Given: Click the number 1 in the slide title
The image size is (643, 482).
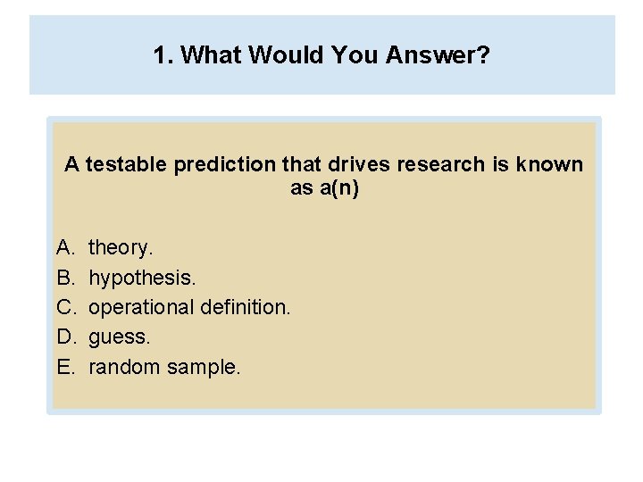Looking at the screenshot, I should click(160, 56).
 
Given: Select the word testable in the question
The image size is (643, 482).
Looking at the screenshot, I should click(126, 165).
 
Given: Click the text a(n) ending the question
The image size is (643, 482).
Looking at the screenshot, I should click(338, 189).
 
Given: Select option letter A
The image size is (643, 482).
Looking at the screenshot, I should click(64, 247).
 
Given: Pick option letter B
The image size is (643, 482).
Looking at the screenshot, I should click(64, 278).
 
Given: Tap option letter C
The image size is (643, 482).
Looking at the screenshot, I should click(65, 307).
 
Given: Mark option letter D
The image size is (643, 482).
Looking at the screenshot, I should click(65, 337).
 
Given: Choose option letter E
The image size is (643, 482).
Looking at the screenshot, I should click(64, 367).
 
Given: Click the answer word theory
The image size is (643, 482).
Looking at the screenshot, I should click(121, 247).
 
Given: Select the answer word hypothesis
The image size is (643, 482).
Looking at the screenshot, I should click(142, 278).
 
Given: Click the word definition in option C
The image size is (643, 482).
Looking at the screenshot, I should click(246, 307).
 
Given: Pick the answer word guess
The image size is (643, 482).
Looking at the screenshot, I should click(120, 337).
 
